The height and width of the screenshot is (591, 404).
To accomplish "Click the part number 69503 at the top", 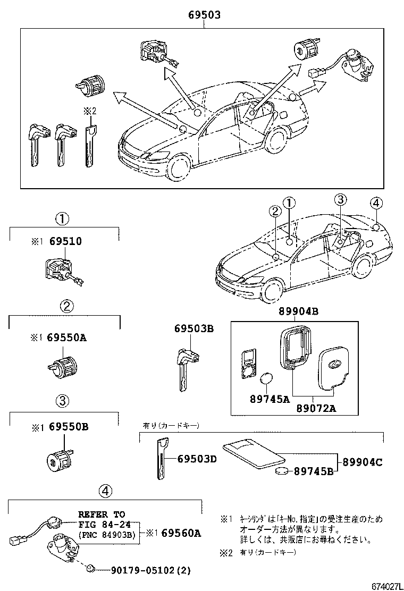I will (x=204, y=16).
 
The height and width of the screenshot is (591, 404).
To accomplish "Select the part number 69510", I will (x=66, y=241).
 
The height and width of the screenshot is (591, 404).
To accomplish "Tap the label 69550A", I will (x=66, y=337).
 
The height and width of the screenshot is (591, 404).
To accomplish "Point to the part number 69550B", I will (x=66, y=427).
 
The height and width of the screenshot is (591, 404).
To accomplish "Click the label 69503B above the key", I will (x=193, y=330).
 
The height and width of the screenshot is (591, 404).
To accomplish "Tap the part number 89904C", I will (x=361, y=462).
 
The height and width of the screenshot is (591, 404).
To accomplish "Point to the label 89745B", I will (x=314, y=471).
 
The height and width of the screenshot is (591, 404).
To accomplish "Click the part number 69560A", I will (x=181, y=532).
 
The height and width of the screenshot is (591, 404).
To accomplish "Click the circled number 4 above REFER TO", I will (x=105, y=492).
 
